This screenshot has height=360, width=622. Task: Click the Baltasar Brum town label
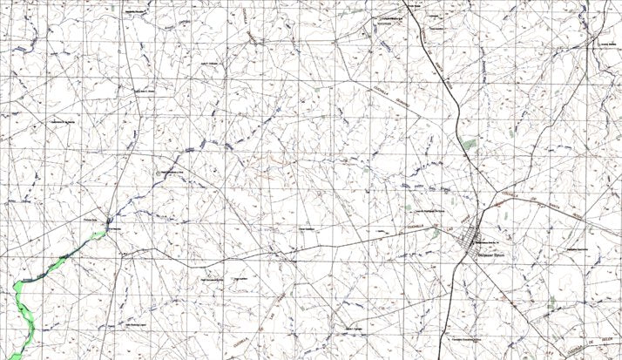[x=493, y=253]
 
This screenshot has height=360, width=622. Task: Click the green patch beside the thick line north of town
[x=470, y=143]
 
